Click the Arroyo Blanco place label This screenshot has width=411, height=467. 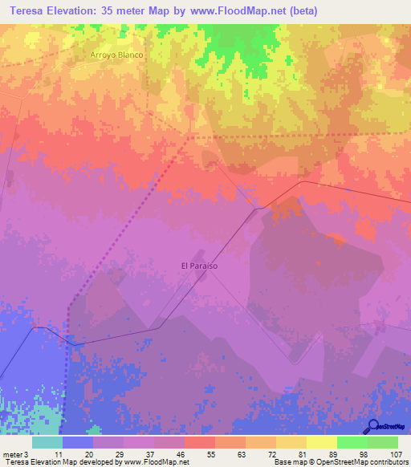116,55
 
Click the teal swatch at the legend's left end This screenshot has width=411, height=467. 47,442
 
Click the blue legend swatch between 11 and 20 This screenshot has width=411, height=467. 77,442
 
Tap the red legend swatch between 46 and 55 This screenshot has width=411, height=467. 199,442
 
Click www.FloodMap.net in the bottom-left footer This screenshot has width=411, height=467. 156,462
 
